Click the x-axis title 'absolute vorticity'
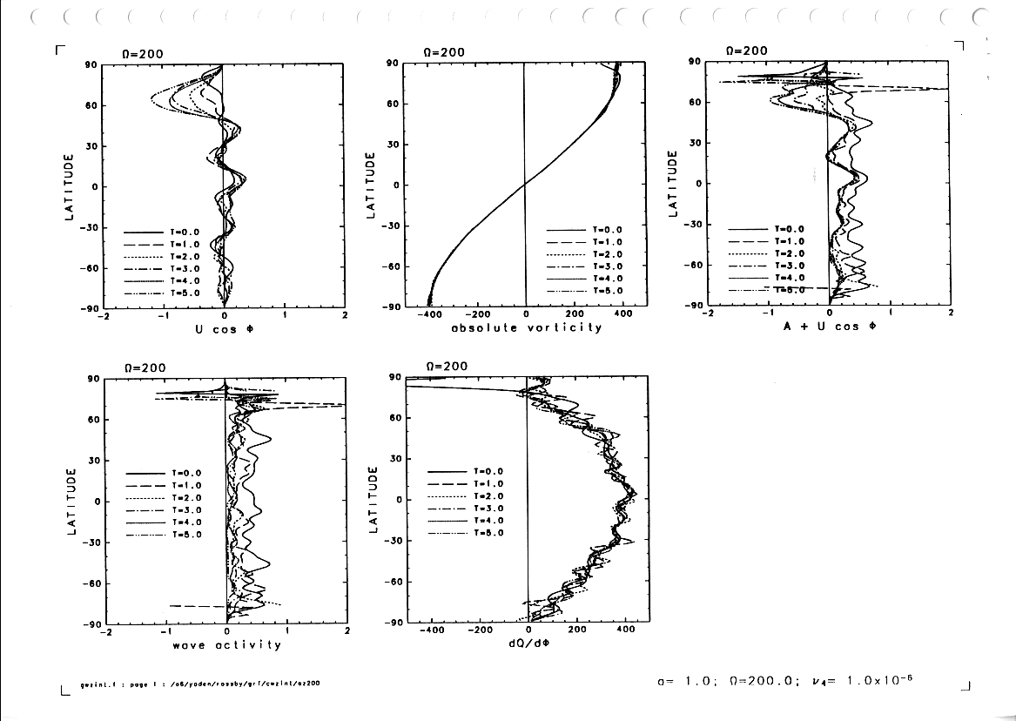coord(526,327)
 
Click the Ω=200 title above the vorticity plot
coord(444,52)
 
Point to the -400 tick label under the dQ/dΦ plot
coord(432,631)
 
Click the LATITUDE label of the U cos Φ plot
coord(69,186)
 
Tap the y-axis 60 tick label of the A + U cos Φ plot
coord(695,102)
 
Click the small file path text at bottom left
coord(200,684)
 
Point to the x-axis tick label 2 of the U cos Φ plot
coord(346,315)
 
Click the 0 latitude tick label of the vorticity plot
coord(395,185)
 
